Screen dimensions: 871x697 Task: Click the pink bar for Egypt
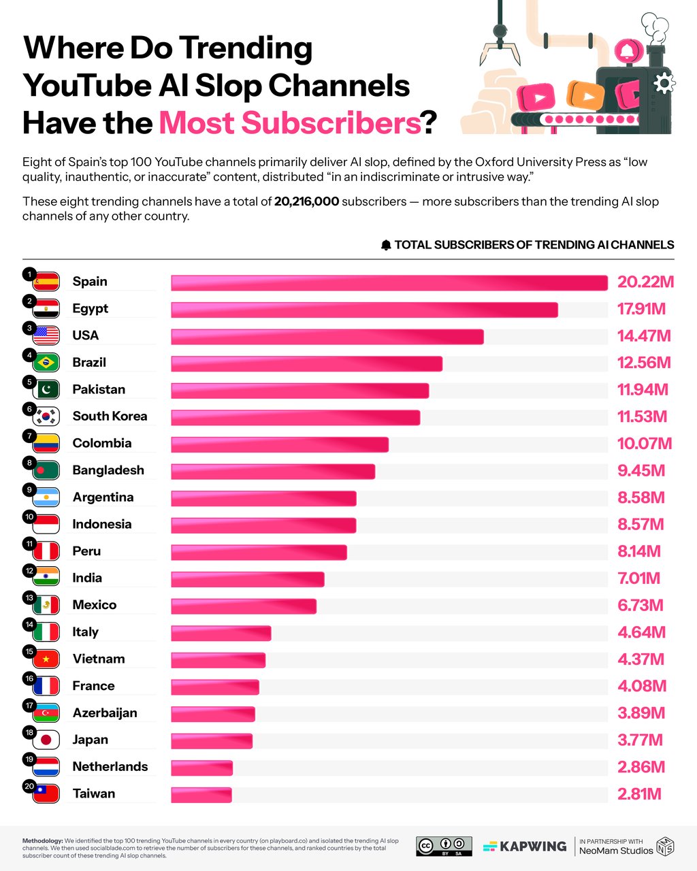[364, 310]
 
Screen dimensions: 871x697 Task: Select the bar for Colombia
[280, 444]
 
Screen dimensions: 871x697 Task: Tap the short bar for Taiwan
[201, 795]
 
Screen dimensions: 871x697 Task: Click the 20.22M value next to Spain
[645, 282]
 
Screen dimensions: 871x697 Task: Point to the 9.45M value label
[641, 471]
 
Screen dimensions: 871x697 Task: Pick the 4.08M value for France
[642, 686]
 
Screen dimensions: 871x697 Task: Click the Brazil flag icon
[46, 362]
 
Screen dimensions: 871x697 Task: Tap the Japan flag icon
[46, 740]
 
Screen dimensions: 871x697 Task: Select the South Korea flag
[46, 416]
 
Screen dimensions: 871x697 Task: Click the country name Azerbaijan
[105, 713]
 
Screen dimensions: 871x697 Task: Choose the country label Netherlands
[110, 767]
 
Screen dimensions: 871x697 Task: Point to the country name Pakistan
[99, 389]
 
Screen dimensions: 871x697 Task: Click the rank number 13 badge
[29, 597]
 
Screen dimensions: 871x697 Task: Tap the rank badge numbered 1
[29, 274]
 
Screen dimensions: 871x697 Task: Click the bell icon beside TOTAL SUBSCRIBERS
[386, 245]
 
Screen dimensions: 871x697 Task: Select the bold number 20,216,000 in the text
[306, 202]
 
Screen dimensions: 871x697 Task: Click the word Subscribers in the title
[289, 123]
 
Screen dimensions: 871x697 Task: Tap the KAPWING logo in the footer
[525, 847]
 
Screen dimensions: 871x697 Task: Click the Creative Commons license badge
[444, 846]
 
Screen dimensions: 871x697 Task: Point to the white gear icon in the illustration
[664, 83]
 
